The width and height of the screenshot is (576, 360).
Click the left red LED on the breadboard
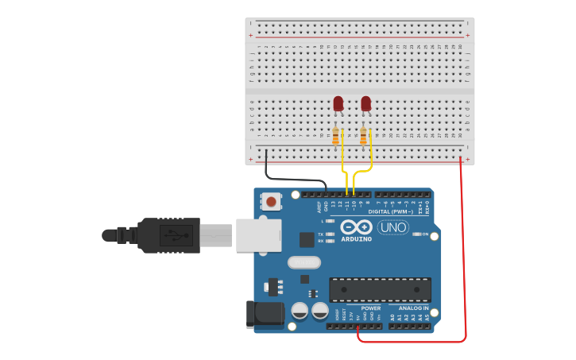[x=338, y=103]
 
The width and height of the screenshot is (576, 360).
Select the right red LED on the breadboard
[x=365, y=103]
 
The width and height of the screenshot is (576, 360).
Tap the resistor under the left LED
[x=336, y=137]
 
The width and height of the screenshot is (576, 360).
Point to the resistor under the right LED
[x=364, y=138]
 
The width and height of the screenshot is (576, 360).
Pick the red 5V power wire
[x=465, y=262]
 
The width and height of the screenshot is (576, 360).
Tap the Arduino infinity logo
[x=356, y=226]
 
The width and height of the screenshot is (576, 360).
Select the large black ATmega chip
[x=380, y=290]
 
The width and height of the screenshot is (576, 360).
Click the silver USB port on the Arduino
[x=258, y=234]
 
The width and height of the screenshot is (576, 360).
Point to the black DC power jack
[x=265, y=315]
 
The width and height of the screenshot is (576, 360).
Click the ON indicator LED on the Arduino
[x=416, y=234]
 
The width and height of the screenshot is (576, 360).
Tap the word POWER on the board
[x=371, y=308]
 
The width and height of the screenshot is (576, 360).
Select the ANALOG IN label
[x=413, y=308]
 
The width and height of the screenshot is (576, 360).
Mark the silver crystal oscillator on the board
[x=303, y=262]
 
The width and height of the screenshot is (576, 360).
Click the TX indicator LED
[x=330, y=234]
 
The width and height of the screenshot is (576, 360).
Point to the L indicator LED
[x=330, y=221]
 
